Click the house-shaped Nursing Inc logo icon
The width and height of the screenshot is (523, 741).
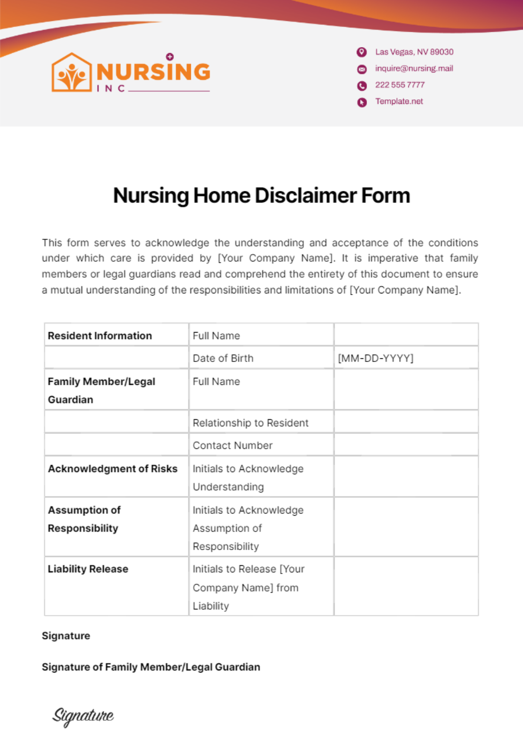71,73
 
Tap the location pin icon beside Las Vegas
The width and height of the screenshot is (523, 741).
362,52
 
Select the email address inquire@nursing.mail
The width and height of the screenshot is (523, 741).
414,68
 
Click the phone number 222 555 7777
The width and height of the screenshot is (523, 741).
400,85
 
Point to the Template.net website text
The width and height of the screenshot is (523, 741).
399,102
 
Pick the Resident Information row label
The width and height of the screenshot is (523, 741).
100,336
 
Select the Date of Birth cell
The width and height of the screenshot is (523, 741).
223,358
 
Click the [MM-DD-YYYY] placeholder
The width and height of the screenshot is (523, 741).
376,358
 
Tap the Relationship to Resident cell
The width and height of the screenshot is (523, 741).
251,423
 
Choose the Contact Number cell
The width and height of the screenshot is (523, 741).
232,445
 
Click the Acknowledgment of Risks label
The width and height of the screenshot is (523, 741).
112,469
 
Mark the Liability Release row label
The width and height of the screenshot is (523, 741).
88,569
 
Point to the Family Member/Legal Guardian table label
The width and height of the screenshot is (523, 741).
101,390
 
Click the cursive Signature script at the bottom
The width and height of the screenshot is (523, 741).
83,716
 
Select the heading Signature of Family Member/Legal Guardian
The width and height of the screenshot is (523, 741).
151,667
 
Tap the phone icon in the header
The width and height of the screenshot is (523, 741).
362,86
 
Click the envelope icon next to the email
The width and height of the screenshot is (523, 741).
362,69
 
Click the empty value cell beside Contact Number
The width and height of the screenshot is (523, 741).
406,445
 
